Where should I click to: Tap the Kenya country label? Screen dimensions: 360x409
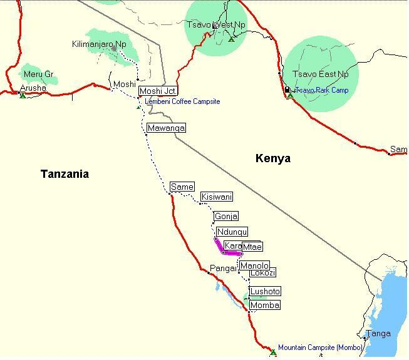point(273,158)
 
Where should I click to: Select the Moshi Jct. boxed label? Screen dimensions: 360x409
point(157,91)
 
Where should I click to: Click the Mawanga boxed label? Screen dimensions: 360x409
point(166,128)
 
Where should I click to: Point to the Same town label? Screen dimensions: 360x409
point(182,187)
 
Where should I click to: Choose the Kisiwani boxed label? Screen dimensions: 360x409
point(217,197)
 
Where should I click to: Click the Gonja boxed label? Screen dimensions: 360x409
point(225,217)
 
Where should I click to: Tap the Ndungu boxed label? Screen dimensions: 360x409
point(232,232)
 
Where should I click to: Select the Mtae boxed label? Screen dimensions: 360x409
point(252,247)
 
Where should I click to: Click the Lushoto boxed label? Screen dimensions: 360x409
point(265,291)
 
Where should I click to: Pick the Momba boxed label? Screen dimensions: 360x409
point(264,305)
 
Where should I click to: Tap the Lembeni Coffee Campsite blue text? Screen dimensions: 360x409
point(182,101)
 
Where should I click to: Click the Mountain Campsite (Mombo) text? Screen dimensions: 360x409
point(320,347)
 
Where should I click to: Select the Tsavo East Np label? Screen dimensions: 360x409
point(321,75)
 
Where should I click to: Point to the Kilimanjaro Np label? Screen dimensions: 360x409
point(99,44)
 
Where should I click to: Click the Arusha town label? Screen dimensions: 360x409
point(33,88)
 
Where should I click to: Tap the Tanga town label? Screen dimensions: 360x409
point(378,334)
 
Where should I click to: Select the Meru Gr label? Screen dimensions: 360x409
point(39,75)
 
